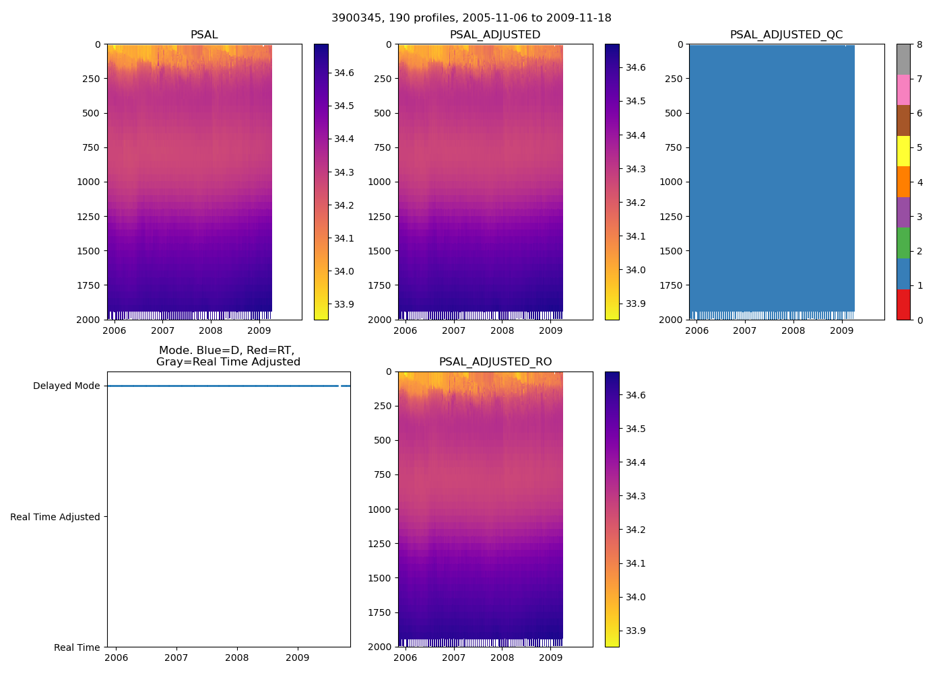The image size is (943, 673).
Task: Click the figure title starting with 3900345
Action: click(x=471, y=18)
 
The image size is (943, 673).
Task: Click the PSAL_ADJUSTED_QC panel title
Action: click(x=786, y=35)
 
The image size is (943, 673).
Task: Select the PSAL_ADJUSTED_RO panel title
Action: click(x=495, y=362)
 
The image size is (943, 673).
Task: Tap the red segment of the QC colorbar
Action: click(x=903, y=304)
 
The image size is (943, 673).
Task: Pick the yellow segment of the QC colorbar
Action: click(x=903, y=151)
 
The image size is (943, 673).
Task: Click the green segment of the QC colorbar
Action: click(x=903, y=243)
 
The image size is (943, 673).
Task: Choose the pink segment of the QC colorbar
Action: click(x=903, y=90)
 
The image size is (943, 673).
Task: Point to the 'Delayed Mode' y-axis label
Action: click(x=67, y=386)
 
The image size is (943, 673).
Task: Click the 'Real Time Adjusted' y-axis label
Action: click(x=55, y=517)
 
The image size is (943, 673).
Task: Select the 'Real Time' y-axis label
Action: click(x=77, y=647)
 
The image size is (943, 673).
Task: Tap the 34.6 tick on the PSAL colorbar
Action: click(x=344, y=73)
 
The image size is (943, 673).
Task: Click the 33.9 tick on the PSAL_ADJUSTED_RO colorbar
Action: click(x=635, y=631)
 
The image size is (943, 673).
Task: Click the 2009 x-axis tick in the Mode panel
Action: click(x=298, y=658)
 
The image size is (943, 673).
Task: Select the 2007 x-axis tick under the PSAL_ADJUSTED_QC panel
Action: click(x=744, y=330)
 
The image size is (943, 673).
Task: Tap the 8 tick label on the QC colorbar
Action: click(x=919, y=44)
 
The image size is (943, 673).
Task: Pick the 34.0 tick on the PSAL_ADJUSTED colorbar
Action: click(x=635, y=270)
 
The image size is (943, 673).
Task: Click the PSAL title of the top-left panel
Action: click(x=204, y=35)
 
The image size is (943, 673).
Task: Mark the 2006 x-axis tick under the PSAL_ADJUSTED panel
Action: click(x=405, y=330)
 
